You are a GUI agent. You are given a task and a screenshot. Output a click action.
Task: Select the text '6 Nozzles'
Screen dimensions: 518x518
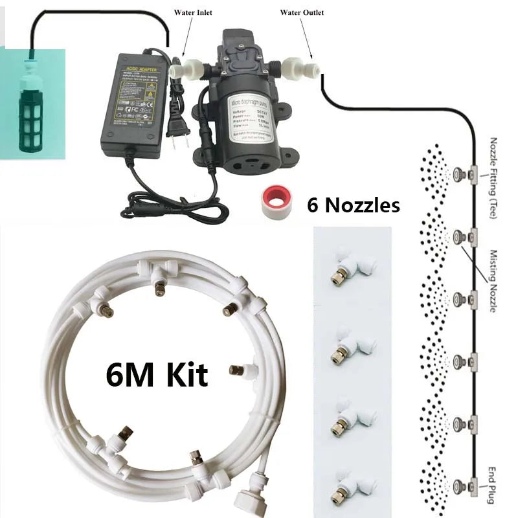pos(353,205)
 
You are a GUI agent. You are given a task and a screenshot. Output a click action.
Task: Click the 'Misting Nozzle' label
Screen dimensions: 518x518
pos(493,281)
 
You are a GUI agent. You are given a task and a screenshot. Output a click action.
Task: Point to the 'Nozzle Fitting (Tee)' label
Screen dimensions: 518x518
pos(493,178)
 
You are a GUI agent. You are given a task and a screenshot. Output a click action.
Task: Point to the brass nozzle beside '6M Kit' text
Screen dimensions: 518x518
pos(237,371)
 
